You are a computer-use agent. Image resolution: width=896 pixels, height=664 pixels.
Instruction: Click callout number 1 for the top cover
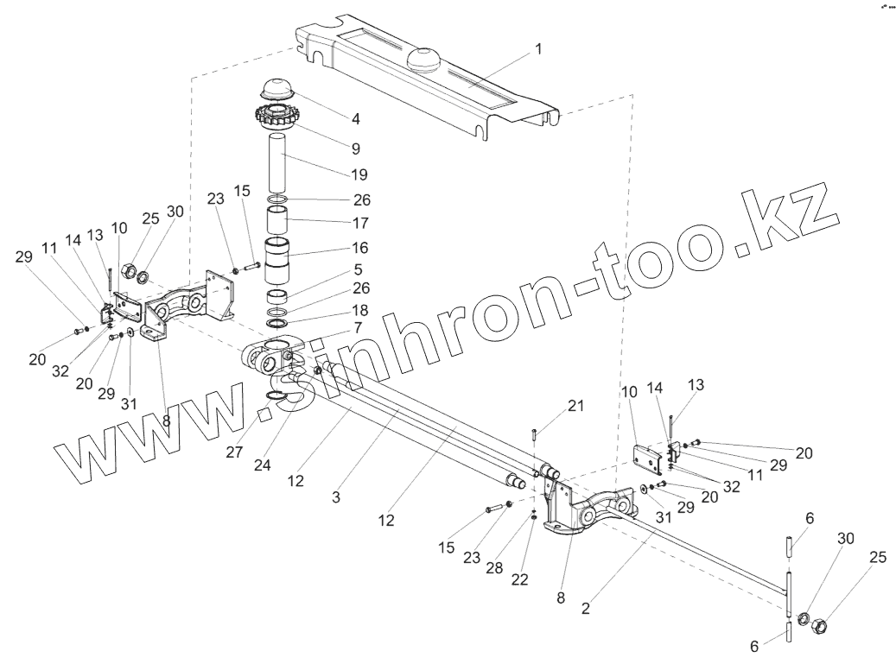click(538, 49)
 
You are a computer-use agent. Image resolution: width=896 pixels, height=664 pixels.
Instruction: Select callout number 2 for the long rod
click(586, 608)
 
